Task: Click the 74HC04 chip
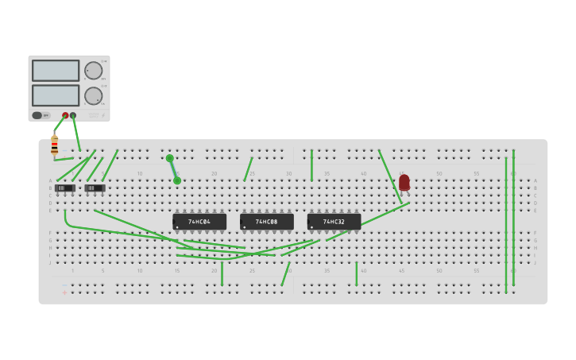(x=199, y=222)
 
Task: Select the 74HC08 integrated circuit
(x=267, y=222)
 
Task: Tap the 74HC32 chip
(x=334, y=222)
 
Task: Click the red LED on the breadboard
(x=404, y=183)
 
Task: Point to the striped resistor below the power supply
(x=54, y=146)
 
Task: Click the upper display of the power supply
(x=56, y=71)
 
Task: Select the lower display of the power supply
(x=56, y=95)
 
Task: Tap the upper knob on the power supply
(x=94, y=71)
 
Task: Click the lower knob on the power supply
(x=94, y=96)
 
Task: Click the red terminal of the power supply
(x=65, y=115)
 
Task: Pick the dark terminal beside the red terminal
(x=73, y=115)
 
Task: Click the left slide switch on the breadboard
(x=65, y=188)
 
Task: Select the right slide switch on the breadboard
(x=95, y=188)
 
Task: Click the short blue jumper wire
(x=173, y=169)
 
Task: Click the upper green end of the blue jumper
(x=169, y=158)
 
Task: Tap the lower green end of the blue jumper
(x=177, y=180)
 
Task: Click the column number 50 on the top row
(x=439, y=173)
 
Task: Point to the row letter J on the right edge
(x=535, y=262)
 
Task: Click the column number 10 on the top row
(x=140, y=173)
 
